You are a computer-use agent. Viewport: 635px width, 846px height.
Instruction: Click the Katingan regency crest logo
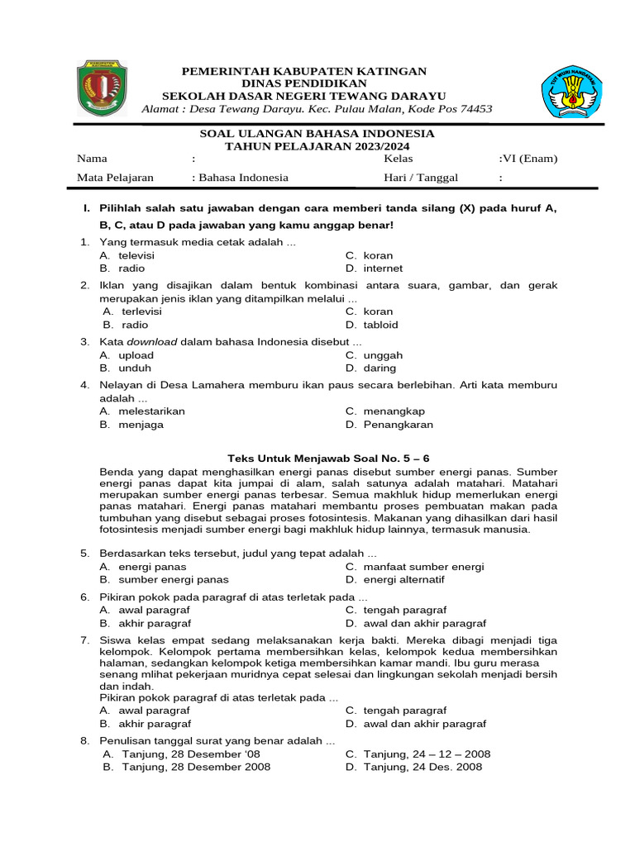click(103, 88)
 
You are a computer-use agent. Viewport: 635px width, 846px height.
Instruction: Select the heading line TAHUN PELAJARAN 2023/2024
click(317, 145)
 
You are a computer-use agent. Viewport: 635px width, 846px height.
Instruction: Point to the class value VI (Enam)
click(528, 159)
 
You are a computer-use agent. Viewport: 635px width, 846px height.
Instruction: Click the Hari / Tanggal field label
click(421, 178)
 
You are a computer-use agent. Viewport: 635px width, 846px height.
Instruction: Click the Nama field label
click(92, 159)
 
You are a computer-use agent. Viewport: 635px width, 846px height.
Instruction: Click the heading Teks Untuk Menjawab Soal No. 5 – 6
click(328, 458)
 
